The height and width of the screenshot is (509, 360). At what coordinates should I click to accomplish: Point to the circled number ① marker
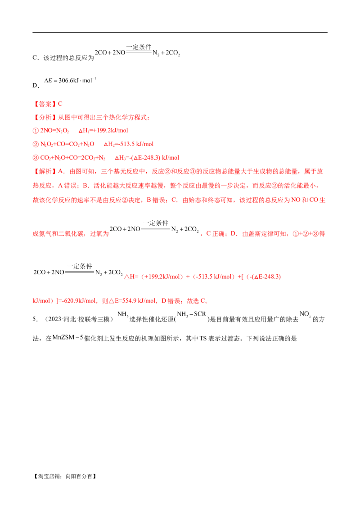[35, 130]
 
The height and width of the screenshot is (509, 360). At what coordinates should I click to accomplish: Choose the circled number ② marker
[35, 144]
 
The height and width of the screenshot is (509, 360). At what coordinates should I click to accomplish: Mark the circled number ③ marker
[35, 158]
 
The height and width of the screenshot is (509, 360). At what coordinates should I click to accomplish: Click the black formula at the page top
[137, 51]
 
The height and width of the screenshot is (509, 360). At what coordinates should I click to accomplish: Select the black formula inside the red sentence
[155, 228]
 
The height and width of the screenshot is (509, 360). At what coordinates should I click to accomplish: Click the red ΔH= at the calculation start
[129, 277]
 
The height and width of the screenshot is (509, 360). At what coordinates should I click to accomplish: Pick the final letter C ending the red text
[205, 301]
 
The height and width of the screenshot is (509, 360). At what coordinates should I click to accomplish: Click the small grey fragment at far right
[306, 314]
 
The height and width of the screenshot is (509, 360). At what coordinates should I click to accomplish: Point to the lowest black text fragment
[67, 337]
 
